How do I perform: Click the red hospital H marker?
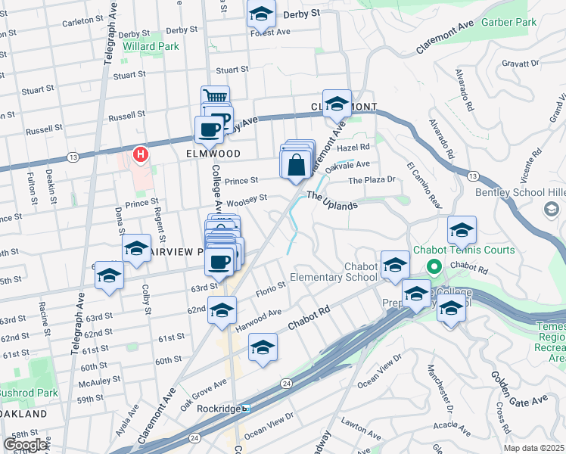(140, 154)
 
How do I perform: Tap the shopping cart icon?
(215, 97)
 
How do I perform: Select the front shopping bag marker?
(295, 163)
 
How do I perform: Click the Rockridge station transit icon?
(246, 409)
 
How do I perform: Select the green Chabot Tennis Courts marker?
(434, 266)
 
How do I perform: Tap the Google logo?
(25, 444)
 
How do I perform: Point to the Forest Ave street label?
(272, 33)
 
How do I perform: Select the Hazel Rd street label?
(353, 147)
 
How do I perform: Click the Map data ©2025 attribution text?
(534, 448)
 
